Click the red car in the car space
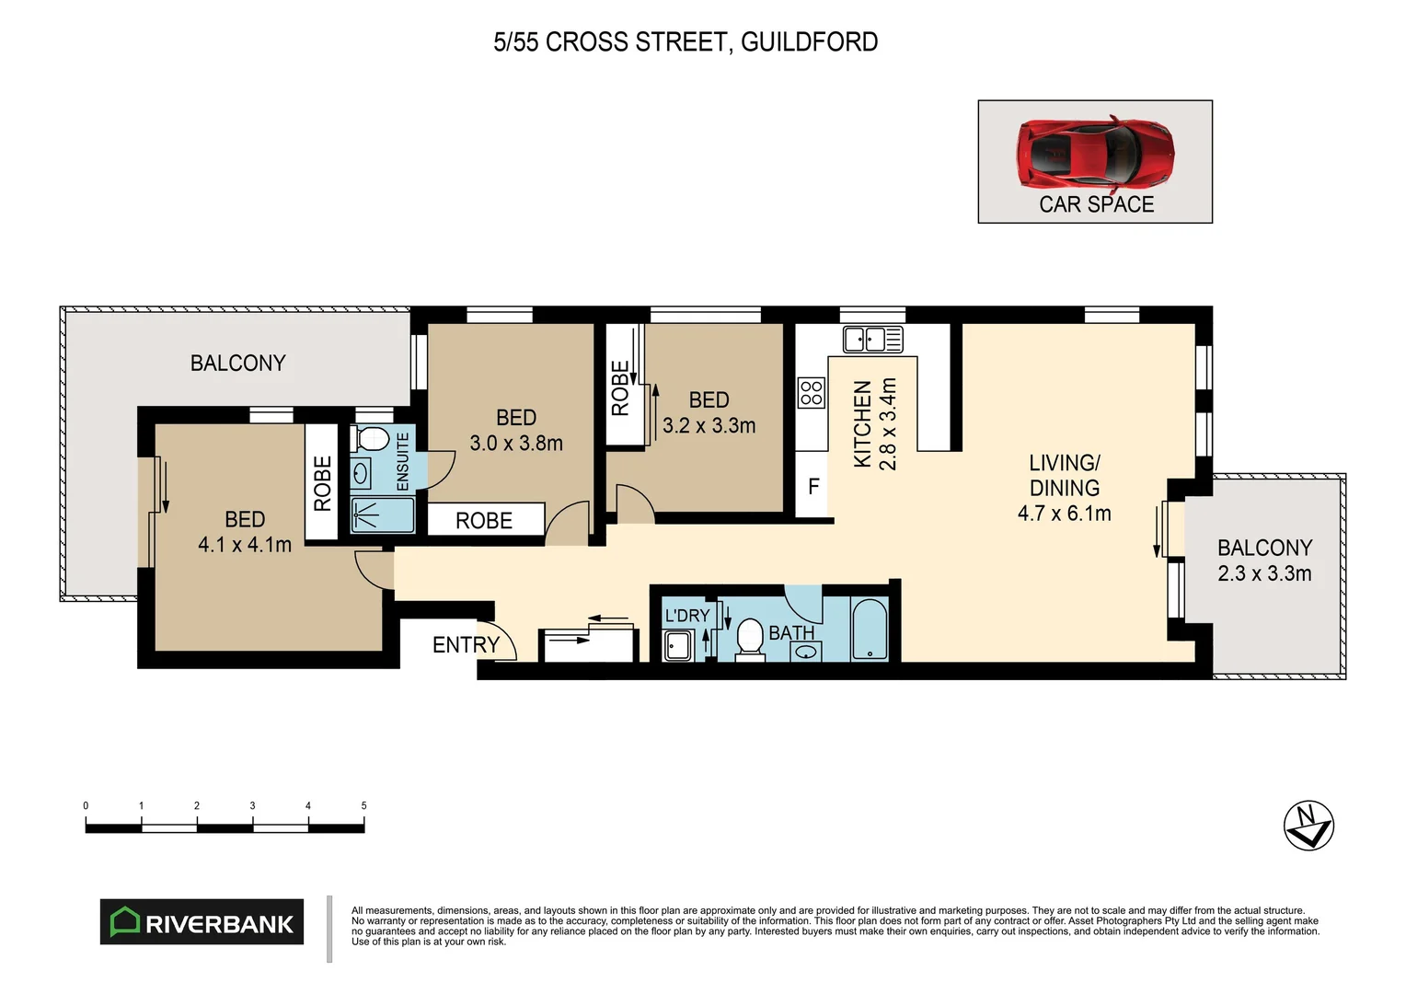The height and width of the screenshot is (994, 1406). click(1095, 153)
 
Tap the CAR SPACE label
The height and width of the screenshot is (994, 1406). click(1096, 204)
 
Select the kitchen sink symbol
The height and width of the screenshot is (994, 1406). click(872, 339)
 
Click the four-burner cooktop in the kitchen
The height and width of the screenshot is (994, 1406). click(811, 393)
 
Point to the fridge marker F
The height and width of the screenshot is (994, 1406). click(813, 487)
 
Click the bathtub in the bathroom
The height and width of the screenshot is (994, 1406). click(870, 630)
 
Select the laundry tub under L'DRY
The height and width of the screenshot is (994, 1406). click(678, 645)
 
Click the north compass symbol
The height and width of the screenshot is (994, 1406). click(1308, 826)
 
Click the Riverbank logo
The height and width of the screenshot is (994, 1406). click(202, 922)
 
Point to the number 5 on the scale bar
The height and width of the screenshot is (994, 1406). click(363, 806)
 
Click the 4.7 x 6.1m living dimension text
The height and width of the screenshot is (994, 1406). click(1064, 514)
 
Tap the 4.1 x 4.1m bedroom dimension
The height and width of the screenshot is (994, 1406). click(245, 545)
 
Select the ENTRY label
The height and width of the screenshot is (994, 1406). click(466, 645)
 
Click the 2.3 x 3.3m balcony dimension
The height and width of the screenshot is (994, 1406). click(1264, 573)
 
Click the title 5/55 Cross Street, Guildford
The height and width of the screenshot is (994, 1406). click(686, 42)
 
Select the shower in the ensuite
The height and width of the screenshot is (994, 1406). click(383, 515)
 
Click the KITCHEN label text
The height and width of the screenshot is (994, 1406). click(862, 424)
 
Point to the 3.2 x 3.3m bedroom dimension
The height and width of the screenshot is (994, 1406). click(709, 425)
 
